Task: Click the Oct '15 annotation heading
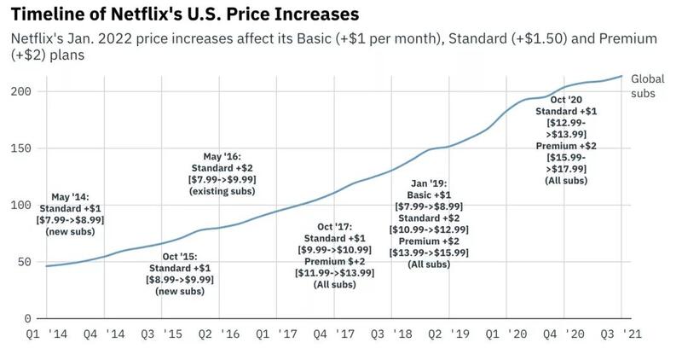[179, 255]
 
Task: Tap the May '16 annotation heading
[223, 157]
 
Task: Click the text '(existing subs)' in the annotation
[223, 193]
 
